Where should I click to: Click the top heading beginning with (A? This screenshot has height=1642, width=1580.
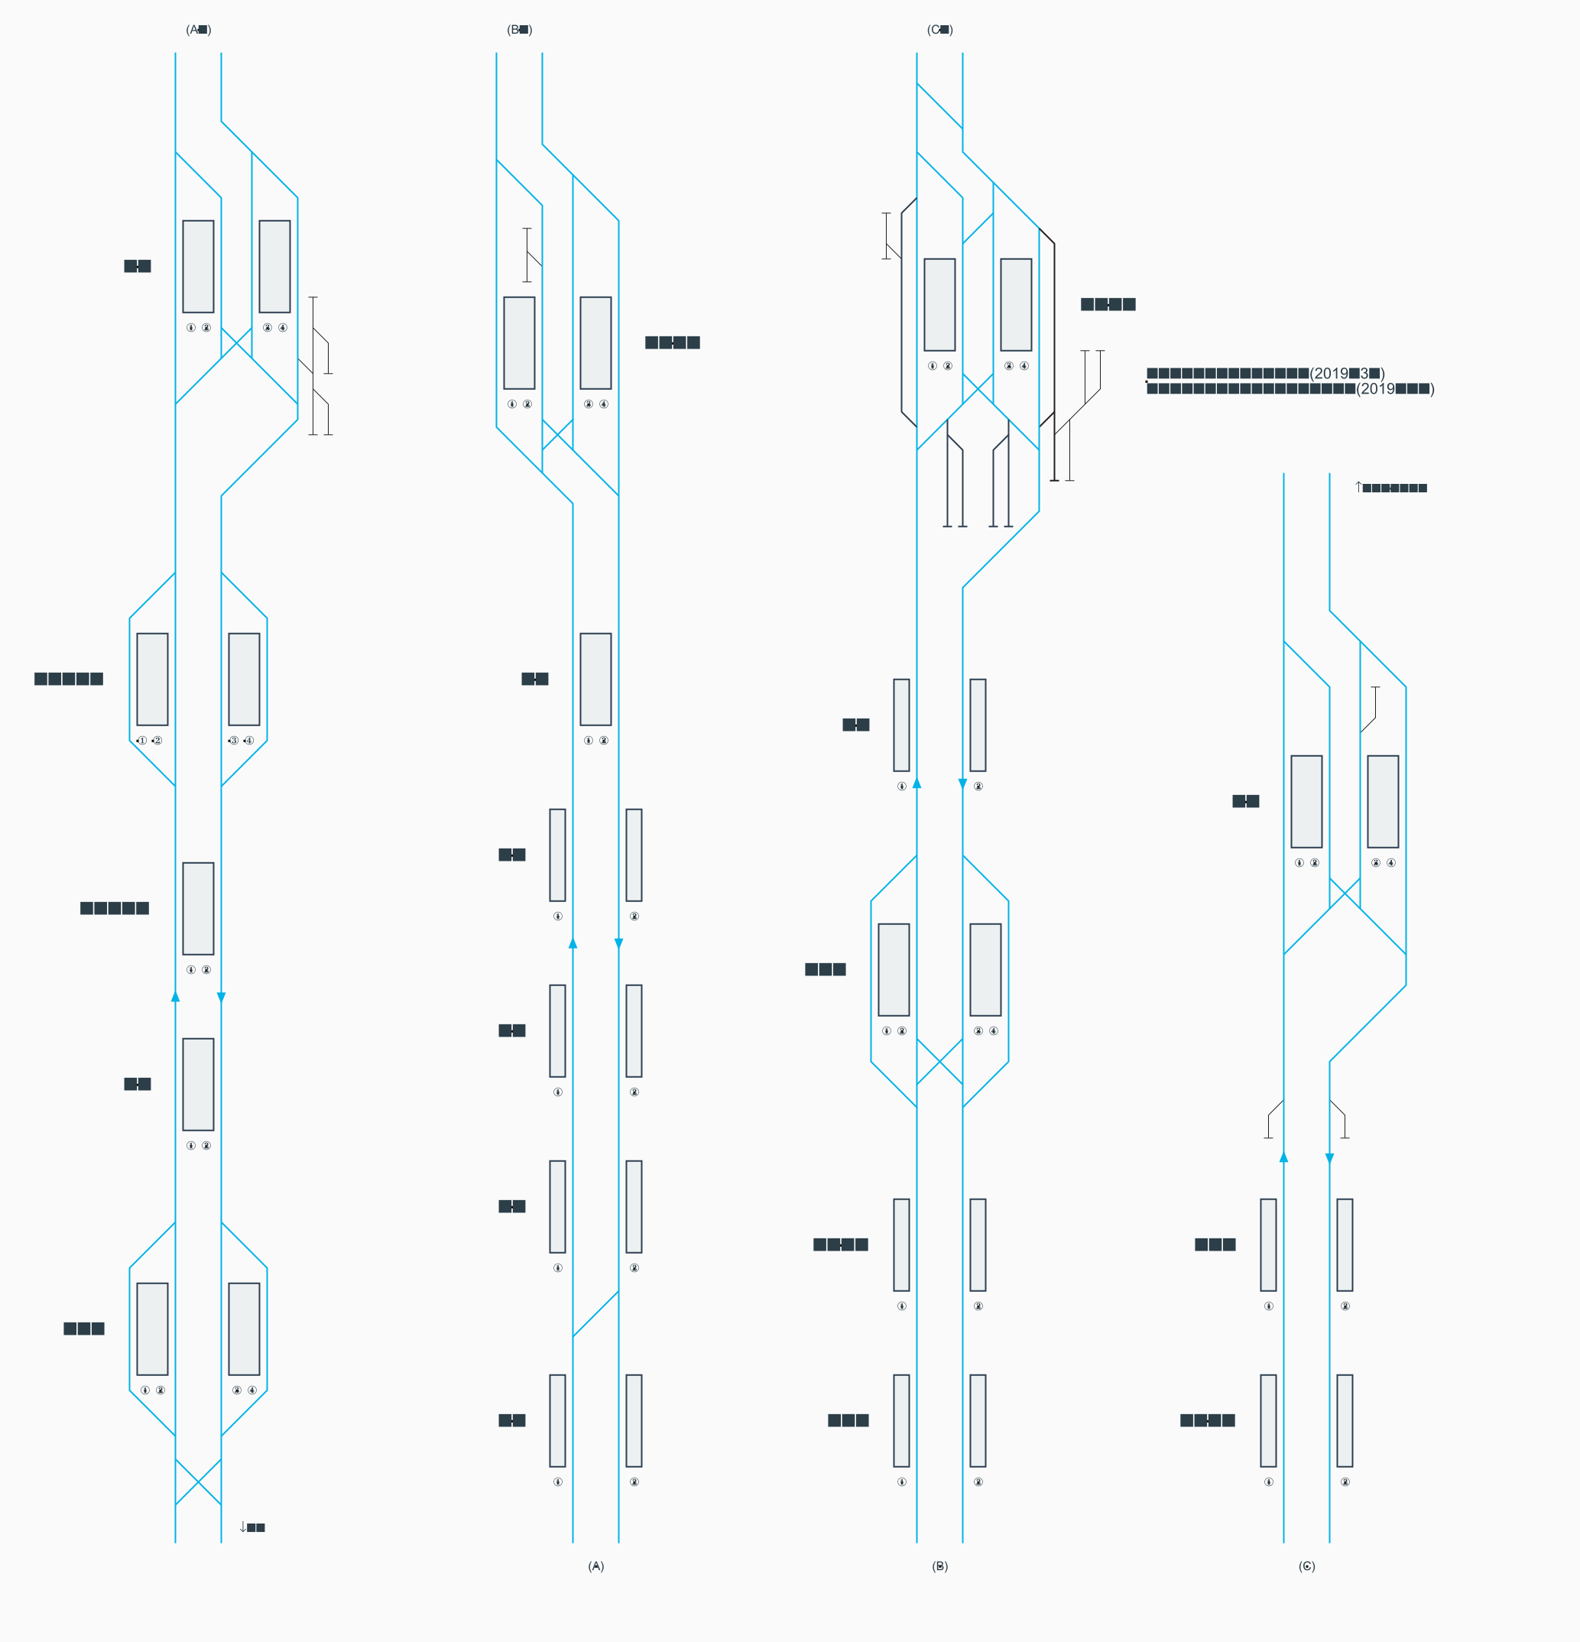[x=199, y=29]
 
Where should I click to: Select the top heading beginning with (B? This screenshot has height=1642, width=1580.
[x=520, y=29]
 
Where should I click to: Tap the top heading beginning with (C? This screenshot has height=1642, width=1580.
[x=940, y=29]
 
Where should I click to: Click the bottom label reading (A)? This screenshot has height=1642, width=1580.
[x=595, y=1566]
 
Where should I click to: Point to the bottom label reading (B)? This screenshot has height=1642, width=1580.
[x=940, y=1566]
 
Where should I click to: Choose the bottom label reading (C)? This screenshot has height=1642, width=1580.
[x=1307, y=1566]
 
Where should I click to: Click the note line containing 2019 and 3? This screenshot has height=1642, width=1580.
[x=1265, y=374]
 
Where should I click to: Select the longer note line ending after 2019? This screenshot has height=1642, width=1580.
[x=1290, y=389]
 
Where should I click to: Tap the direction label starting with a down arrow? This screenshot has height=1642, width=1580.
[x=252, y=1527]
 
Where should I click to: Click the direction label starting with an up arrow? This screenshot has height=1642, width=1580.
[x=1390, y=488]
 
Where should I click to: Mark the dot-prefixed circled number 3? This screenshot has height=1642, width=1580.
[x=233, y=741]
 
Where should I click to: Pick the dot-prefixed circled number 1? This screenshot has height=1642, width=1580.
[x=141, y=741]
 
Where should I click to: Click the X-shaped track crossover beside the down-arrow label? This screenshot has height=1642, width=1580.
[x=199, y=1482]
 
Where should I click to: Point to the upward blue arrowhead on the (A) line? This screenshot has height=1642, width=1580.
[x=573, y=943]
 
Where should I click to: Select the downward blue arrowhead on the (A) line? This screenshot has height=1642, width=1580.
[x=619, y=944]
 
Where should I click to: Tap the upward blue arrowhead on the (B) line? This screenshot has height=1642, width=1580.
[x=917, y=783]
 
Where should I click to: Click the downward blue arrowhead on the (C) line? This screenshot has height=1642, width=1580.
[x=1329, y=1159]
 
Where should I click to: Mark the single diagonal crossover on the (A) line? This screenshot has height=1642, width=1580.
[x=595, y=1313]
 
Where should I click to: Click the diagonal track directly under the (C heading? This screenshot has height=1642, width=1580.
[x=939, y=105]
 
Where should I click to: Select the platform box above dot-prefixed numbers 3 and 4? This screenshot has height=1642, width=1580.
[x=244, y=680]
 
